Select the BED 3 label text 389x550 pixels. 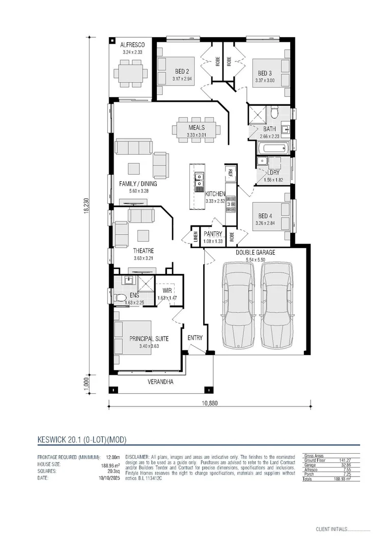point(264,73)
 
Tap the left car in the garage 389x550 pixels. point(238,306)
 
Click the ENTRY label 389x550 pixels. point(195,338)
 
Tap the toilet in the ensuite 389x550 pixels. point(120,297)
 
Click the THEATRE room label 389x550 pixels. point(144,251)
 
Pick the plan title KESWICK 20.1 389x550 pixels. point(82,439)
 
